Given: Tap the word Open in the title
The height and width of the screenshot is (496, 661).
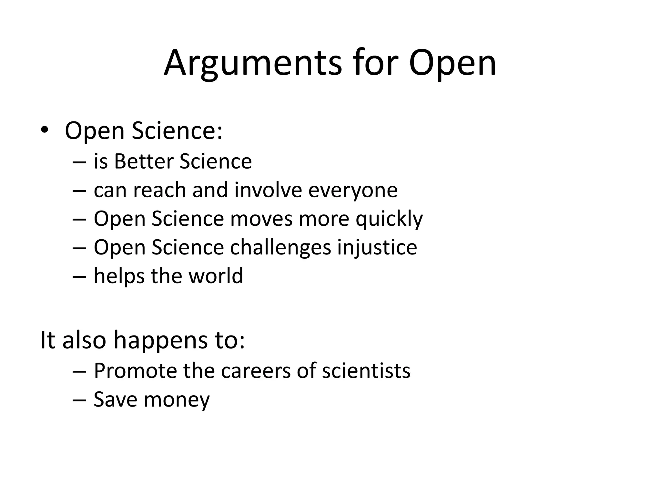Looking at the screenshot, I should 453,64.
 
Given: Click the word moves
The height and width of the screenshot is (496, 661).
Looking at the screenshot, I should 261,219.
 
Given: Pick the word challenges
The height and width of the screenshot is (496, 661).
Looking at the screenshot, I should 280,248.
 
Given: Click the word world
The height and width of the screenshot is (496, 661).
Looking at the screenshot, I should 216,276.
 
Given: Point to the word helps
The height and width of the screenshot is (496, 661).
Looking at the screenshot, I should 119,276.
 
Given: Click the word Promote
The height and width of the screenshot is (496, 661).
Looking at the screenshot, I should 135,371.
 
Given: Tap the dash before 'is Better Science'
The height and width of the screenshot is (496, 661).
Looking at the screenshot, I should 79,162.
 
